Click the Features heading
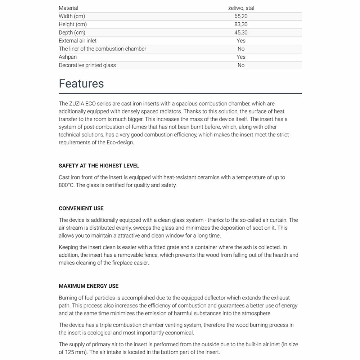pos(81,84)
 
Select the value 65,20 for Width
pos(241,16)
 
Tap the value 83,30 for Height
pos(241,24)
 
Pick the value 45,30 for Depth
pos(241,33)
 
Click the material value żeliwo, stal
pos(241,8)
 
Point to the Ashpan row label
pos(68,57)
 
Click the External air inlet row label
pos(77,41)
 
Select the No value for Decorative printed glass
pos(241,65)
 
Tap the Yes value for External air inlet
pos(241,41)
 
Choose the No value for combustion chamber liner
pos(241,49)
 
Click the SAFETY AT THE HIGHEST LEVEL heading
pos(99,166)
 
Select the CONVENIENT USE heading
pos(81,208)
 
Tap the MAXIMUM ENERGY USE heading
pos(89,286)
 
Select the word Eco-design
pos(120,142)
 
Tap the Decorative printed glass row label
pos(87,65)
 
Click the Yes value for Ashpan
pos(241,57)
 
